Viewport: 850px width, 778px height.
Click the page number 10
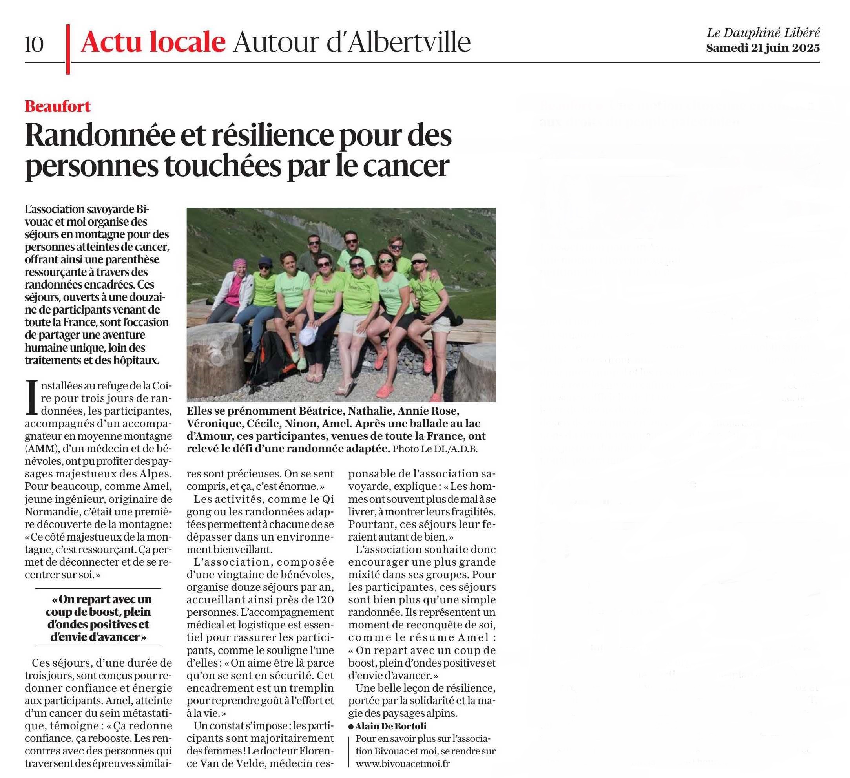tap(34, 44)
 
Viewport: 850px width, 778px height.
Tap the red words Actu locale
tap(153, 42)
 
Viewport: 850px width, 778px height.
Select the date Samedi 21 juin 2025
tap(763, 48)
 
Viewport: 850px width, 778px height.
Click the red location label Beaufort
tap(58, 106)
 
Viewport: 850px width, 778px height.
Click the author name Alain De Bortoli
tap(390, 726)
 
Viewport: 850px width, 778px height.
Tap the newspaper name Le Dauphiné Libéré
tap(763, 33)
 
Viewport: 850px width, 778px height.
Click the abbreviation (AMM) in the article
tap(38, 449)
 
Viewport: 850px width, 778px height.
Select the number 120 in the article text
tap(324, 600)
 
